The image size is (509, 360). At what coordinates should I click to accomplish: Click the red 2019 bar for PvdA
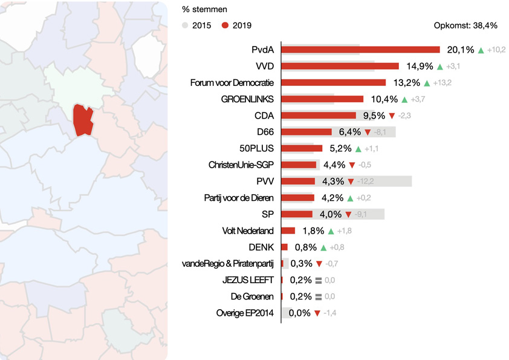(361, 50)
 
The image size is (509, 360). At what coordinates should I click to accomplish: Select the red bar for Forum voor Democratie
(334, 82)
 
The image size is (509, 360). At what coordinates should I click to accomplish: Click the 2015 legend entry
(197, 25)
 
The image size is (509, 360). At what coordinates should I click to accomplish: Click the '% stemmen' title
(205, 10)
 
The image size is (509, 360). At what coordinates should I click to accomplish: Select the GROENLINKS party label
(248, 99)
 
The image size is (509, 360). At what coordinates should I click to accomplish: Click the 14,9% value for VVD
(418, 66)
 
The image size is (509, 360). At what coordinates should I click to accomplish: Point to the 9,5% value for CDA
(374, 116)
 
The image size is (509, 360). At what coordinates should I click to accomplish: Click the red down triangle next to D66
(367, 132)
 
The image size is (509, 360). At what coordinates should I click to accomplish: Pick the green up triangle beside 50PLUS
(358, 148)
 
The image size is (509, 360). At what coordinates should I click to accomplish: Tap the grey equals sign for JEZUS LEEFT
(319, 280)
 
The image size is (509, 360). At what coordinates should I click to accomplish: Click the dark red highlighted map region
(82, 120)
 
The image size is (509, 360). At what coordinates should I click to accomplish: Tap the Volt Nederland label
(248, 231)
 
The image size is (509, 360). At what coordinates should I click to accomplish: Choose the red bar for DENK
(284, 247)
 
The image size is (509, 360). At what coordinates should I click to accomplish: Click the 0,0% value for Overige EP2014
(299, 313)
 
